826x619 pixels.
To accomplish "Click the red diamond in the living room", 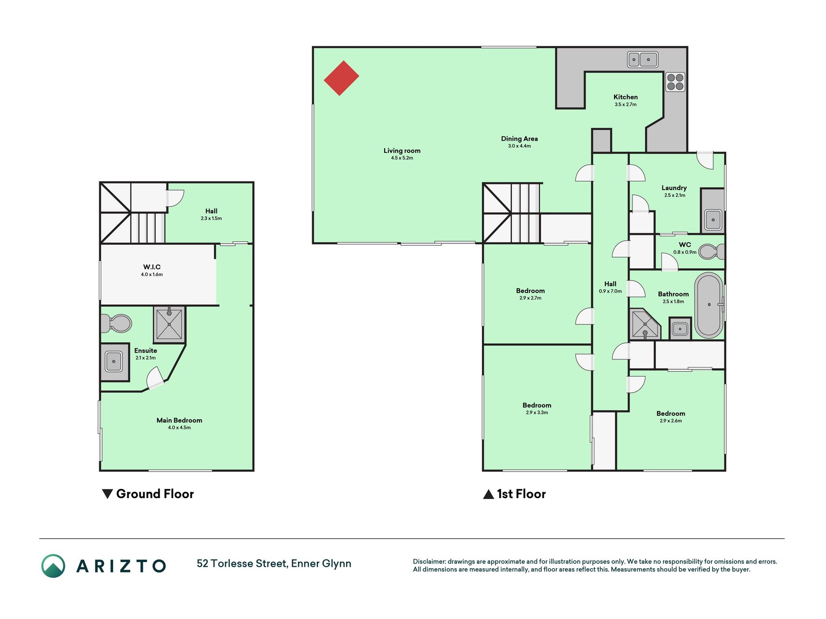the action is pyautogui.click(x=341, y=78).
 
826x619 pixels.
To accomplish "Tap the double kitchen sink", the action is pyautogui.click(x=643, y=59).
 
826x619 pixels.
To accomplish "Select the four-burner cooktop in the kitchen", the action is pyautogui.click(x=675, y=82).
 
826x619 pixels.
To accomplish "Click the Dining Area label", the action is pyautogui.click(x=519, y=139).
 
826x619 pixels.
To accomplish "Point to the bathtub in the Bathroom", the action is pyautogui.click(x=709, y=306).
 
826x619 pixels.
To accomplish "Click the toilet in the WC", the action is pyautogui.click(x=712, y=252).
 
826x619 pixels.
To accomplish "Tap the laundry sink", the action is pyautogui.click(x=713, y=220).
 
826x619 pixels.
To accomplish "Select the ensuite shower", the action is pyautogui.click(x=169, y=324).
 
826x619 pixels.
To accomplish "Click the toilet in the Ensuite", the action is pyautogui.click(x=116, y=324).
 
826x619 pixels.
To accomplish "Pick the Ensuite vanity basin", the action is pyautogui.click(x=114, y=362).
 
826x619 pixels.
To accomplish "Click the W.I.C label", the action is pyautogui.click(x=152, y=267).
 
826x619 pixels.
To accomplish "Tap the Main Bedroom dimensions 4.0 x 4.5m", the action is pyautogui.click(x=180, y=427).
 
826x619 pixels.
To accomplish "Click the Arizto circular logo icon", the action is pyautogui.click(x=53, y=566).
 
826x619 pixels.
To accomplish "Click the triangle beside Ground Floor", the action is pyautogui.click(x=107, y=494).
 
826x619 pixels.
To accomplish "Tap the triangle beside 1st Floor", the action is pyautogui.click(x=489, y=494).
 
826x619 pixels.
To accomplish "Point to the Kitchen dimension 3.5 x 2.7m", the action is pyautogui.click(x=626, y=104).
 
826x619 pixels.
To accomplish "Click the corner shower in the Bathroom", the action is pyautogui.click(x=645, y=324).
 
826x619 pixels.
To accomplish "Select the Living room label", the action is pyautogui.click(x=402, y=151).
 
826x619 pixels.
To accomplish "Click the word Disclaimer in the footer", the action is pyautogui.click(x=429, y=561).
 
